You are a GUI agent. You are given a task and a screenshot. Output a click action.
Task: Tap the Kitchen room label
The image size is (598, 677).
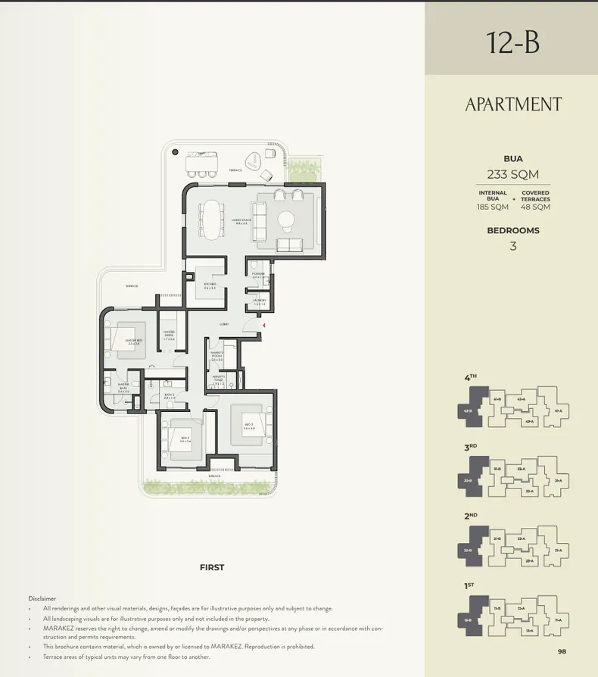(x=210, y=285)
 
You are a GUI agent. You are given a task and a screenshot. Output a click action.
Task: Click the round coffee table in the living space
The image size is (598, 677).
(x=287, y=220)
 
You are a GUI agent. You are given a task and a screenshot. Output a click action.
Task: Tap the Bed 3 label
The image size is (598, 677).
(x=248, y=426)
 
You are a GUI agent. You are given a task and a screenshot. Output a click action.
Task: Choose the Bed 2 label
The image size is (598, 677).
(x=185, y=438)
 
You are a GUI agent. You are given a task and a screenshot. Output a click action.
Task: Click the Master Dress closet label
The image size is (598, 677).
(x=168, y=337)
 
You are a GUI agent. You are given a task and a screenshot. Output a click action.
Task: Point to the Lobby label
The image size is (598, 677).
(x=224, y=324)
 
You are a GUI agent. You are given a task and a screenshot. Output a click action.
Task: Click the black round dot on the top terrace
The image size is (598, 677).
(x=176, y=152)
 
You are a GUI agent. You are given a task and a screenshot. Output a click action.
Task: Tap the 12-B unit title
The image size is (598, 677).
(x=513, y=42)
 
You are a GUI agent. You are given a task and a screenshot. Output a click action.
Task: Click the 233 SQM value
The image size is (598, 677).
(x=512, y=174)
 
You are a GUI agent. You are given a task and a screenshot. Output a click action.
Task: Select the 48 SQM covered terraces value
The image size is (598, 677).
(x=535, y=207)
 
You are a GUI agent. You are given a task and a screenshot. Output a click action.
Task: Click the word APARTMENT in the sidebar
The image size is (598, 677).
(x=513, y=105)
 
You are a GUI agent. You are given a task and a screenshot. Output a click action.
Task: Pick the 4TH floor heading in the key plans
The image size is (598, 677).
(x=471, y=377)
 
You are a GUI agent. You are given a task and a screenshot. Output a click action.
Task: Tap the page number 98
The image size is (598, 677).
(x=561, y=651)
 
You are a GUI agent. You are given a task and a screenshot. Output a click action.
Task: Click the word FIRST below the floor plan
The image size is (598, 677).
(x=212, y=567)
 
